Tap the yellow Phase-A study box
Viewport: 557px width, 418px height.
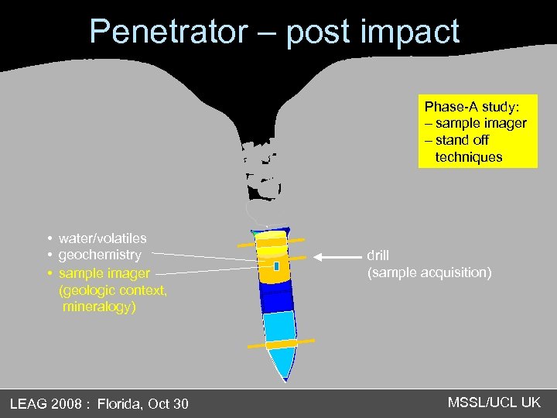[477, 132]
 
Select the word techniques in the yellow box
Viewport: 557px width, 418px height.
[469, 157]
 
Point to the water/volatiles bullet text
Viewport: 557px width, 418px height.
[102, 238]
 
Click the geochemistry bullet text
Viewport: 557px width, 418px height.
[100, 255]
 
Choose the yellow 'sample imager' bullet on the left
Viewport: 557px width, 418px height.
[104, 272]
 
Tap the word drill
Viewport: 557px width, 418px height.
[378, 255]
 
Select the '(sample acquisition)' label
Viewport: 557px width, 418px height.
[429, 272]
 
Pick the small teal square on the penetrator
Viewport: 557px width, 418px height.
[276, 266]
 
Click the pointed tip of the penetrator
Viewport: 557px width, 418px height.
[285, 378]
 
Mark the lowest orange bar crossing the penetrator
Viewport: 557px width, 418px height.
[281, 343]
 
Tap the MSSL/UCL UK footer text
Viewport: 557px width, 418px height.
[494, 403]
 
